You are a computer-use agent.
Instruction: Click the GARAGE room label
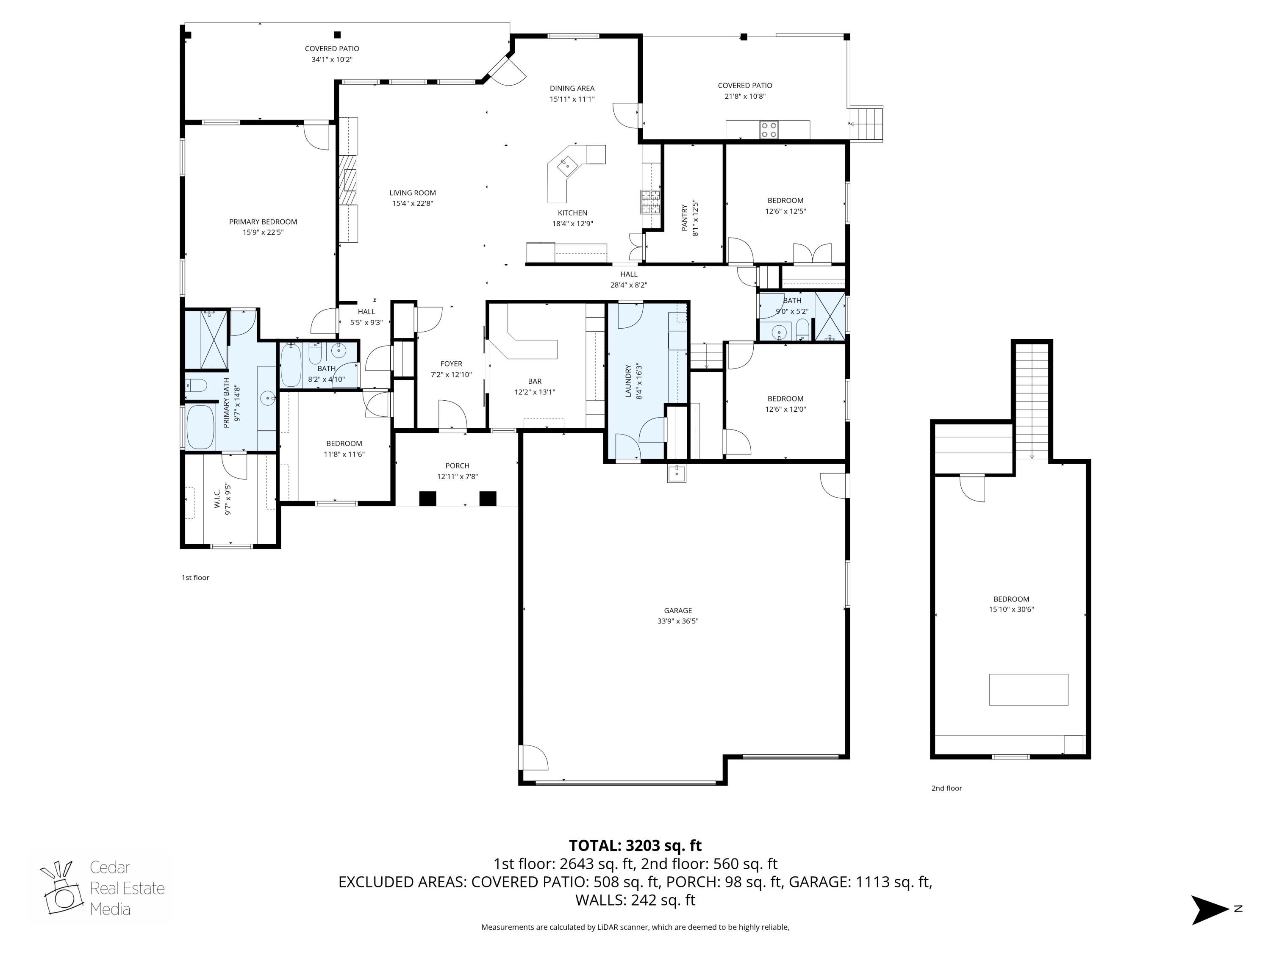tap(677, 611)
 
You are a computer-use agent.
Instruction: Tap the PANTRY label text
tap(684, 218)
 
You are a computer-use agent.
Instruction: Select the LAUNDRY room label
tap(628, 381)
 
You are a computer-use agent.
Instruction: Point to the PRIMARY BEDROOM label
tap(263, 222)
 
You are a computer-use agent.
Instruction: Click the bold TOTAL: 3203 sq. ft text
tap(635, 845)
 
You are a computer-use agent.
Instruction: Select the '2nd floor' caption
tap(946, 788)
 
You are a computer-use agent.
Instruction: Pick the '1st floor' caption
tap(195, 577)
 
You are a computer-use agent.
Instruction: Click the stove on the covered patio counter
tap(769, 130)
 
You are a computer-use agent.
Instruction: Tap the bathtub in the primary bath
tap(200, 427)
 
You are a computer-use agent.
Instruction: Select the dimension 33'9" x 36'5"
tap(677, 621)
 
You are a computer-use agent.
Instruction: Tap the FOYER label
tap(451, 363)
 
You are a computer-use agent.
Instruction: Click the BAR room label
tap(534, 381)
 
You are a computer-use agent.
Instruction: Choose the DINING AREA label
tap(572, 89)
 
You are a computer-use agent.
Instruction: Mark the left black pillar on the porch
tap(427, 498)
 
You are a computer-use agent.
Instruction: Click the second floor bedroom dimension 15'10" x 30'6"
tap(1011, 609)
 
